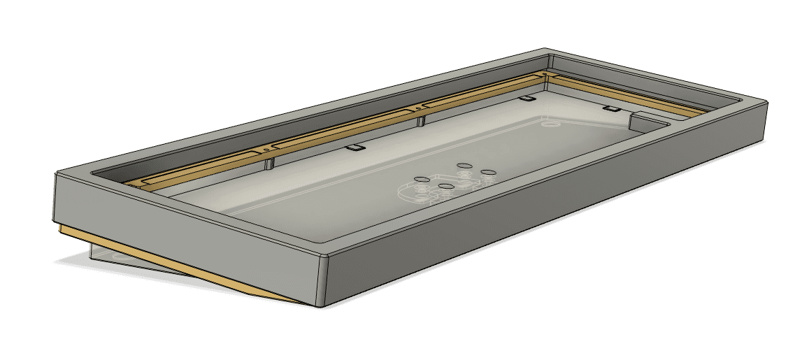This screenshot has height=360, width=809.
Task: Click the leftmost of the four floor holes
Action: pyautogui.click(x=421, y=180)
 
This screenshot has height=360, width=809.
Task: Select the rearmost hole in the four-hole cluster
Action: pyautogui.click(x=462, y=166)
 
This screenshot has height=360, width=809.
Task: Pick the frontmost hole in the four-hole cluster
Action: pyautogui.click(x=445, y=186)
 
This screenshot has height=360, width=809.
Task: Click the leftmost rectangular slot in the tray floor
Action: pyautogui.click(x=355, y=148)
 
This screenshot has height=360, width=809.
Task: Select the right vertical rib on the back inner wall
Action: pyautogui.click(x=420, y=122)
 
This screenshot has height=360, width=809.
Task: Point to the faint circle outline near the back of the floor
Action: pyautogui.click(x=551, y=125)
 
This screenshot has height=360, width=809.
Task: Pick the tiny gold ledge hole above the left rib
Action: pyautogui.click(x=266, y=148)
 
